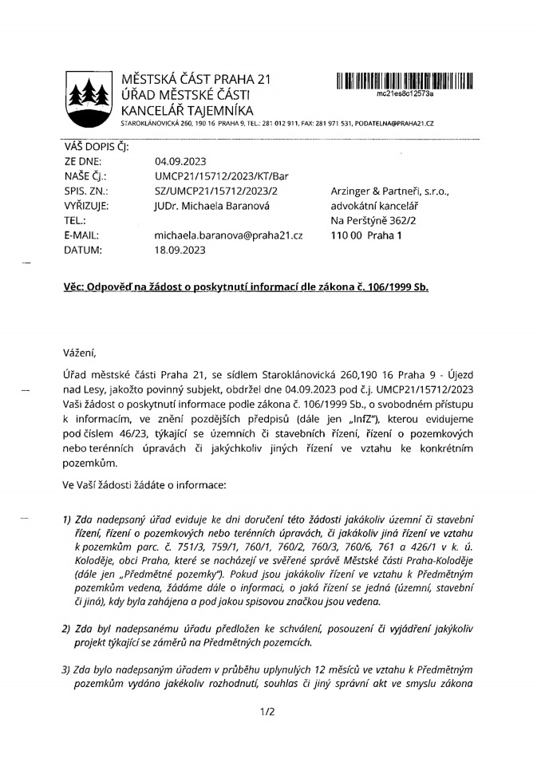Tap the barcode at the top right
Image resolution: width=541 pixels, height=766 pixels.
point(405,80)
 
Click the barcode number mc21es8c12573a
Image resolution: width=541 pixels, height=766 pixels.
point(405,93)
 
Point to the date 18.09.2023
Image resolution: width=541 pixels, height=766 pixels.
point(180,250)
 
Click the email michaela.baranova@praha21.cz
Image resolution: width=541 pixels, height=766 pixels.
point(229,235)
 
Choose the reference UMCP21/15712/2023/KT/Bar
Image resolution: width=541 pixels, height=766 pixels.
point(215,176)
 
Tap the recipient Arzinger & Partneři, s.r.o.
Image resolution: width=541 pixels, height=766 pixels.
point(389,191)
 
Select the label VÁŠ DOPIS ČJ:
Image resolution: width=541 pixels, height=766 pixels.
point(90,146)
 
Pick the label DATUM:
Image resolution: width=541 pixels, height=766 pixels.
point(83,250)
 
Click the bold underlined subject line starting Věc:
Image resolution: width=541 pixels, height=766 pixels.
point(246,286)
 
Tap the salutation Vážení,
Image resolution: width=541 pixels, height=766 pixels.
point(84,352)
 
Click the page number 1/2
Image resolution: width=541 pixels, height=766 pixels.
point(267,713)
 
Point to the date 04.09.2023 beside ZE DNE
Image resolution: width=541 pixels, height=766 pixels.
point(180,161)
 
